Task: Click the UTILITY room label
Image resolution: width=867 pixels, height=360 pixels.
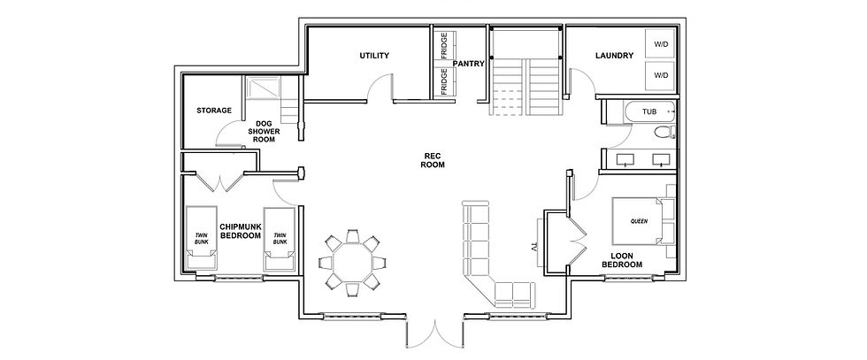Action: point(374,56)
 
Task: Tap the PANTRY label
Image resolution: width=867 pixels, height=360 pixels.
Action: point(467,64)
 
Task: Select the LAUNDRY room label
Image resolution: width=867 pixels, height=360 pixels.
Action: point(613,56)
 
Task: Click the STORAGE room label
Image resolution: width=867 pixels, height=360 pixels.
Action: point(214,111)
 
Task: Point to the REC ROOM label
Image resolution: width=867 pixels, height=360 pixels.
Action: point(432,160)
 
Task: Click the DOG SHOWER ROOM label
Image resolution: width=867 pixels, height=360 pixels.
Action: point(263,131)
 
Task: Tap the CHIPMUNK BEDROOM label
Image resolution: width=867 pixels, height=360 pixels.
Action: point(240,231)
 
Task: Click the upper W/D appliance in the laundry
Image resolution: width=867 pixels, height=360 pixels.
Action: point(661,44)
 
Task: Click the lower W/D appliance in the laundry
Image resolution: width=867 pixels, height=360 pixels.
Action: point(661,76)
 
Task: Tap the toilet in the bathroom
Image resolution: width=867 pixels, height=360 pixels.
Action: point(663,134)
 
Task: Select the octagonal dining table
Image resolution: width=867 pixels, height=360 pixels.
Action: point(352,261)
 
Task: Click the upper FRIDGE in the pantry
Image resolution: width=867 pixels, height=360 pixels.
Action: point(443,46)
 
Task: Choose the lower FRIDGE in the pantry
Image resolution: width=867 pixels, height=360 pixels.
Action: point(443,81)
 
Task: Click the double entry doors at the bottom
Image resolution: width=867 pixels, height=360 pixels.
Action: point(433,334)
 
